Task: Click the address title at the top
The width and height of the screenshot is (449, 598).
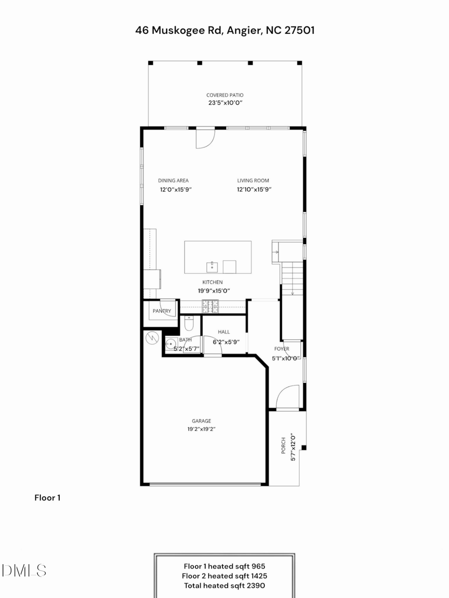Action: point(224,30)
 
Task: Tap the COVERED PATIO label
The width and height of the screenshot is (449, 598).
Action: point(225,95)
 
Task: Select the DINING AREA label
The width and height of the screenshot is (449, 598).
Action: point(173,180)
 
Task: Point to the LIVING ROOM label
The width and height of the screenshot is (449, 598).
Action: point(253,180)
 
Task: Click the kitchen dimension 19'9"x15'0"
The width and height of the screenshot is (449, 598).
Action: point(213,291)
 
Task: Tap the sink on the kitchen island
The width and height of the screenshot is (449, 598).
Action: point(212,266)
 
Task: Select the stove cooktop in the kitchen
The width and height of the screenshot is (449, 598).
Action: point(210,306)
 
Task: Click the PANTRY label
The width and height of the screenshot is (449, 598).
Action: point(162,311)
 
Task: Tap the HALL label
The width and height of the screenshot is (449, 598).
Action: point(224,331)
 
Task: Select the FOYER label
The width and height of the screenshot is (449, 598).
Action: point(281,349)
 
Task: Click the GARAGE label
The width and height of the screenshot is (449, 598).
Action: point(202,421)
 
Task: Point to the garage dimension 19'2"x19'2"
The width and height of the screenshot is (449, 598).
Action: point(202,429)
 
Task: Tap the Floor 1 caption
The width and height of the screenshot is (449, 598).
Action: point(47,497)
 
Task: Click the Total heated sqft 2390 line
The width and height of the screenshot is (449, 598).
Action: point(224,586)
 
